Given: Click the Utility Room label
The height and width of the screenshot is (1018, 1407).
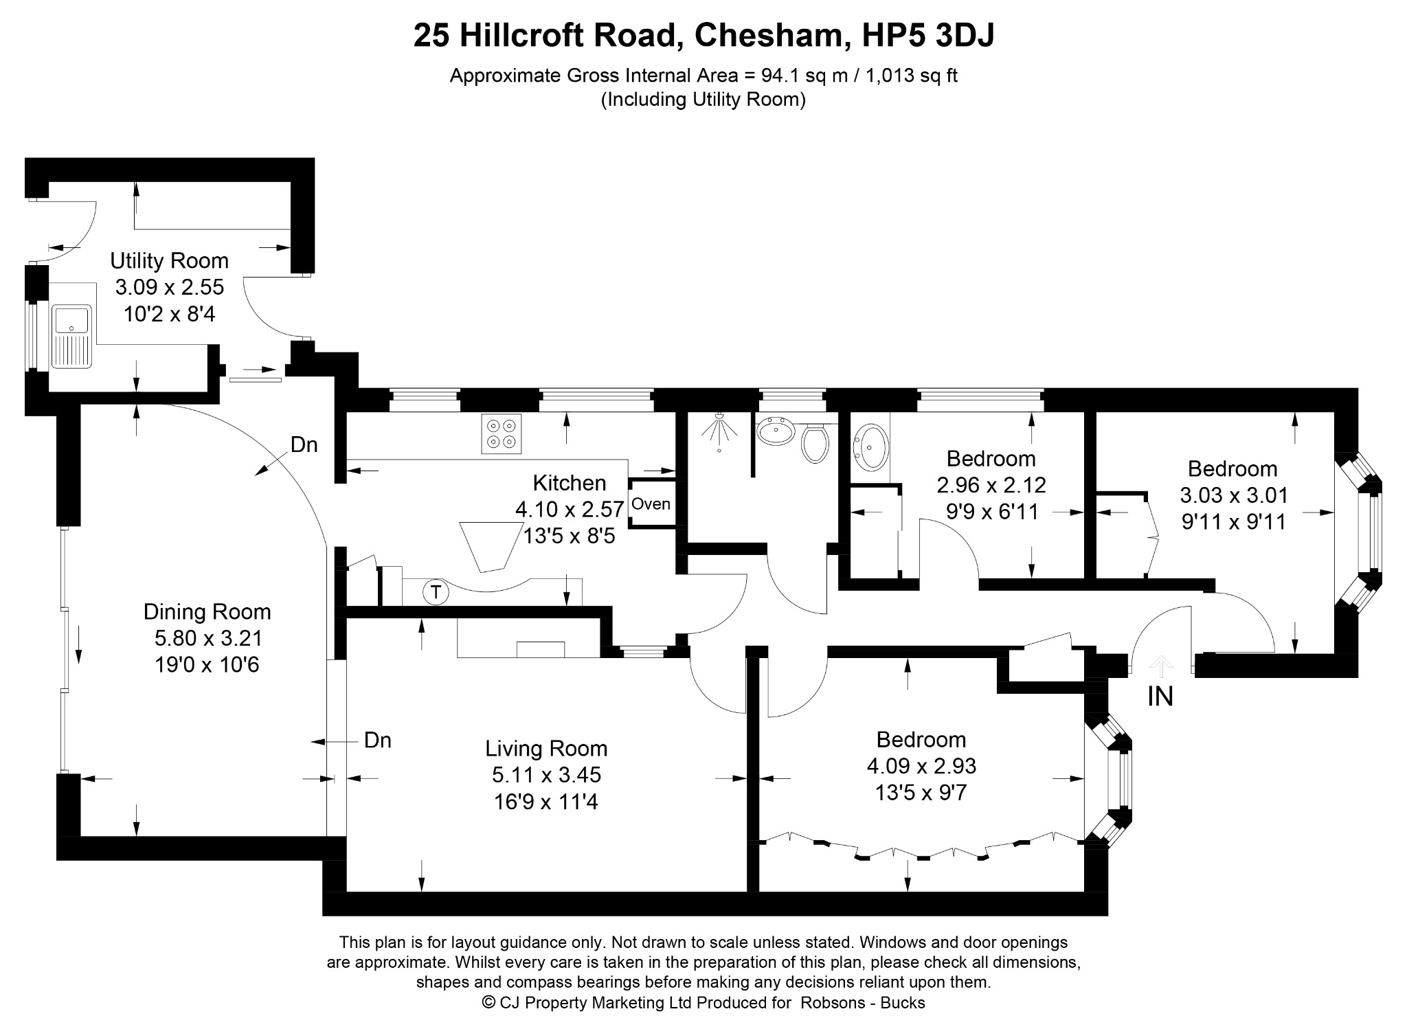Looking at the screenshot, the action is coord(169,261).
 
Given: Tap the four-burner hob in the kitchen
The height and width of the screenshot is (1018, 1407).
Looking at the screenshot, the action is coord(501,433).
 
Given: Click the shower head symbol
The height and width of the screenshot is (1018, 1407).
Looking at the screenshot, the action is coord(719,430).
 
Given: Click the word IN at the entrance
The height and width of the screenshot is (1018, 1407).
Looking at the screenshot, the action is coord(1160,697).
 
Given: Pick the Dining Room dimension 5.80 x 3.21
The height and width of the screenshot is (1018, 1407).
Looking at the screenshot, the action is coord(208,638).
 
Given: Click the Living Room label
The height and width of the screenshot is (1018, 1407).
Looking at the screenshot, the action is coord(546,748).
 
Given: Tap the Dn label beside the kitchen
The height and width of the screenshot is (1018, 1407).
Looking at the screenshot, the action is coord(304,445).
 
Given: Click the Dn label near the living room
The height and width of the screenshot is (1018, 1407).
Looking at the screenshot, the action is coord(377,740).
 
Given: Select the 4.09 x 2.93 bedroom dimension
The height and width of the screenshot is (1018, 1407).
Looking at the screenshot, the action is coord(921,765).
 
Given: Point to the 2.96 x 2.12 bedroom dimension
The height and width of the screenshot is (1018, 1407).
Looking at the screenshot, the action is coord(991,485).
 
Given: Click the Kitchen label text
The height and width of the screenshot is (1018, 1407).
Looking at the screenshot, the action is coord(570,483).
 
